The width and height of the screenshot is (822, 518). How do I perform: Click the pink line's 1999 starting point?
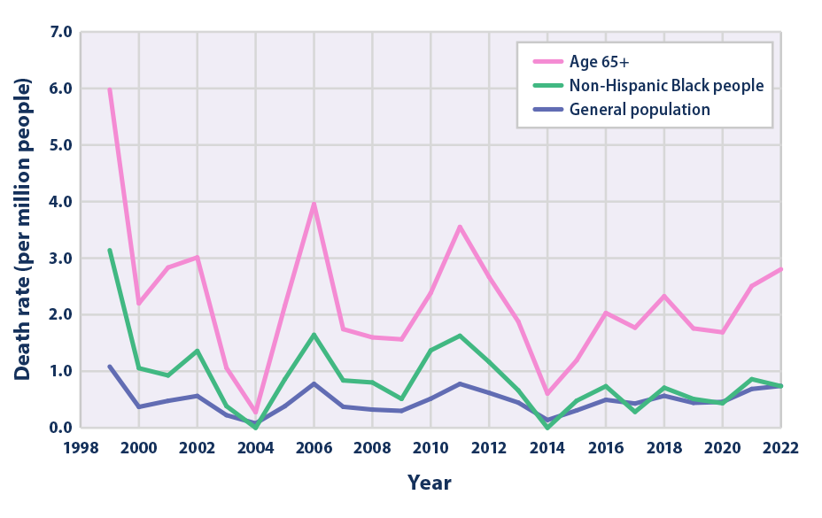109,89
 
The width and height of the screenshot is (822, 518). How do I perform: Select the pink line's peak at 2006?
314,205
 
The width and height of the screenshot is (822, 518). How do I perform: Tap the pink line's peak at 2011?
460,227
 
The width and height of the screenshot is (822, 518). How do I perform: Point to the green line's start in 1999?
109,250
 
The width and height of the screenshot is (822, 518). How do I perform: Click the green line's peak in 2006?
314,335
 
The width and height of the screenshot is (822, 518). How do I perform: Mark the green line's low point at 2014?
547,428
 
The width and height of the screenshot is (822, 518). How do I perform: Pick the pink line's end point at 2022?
780,268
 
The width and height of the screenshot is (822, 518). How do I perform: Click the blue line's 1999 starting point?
109,366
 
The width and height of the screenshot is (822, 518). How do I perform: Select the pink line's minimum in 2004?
255,413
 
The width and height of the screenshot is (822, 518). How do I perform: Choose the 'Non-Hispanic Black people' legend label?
666,86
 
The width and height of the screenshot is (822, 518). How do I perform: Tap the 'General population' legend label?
640,110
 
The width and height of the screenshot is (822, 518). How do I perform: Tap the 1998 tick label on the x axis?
81,448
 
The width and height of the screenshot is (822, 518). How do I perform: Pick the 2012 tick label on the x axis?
488,448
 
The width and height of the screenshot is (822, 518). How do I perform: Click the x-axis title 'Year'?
430,483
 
